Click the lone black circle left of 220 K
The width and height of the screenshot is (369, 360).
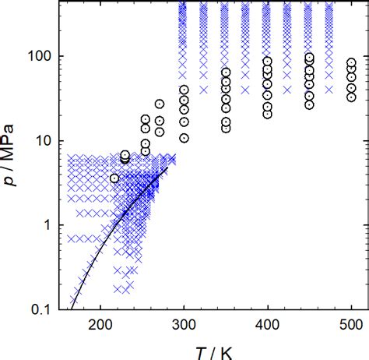pos(115,178)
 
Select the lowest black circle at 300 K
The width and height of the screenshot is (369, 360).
pos(184,138)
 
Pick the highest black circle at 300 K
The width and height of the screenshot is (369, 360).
pos(184,90)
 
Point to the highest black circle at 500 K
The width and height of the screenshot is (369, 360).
pos(351,62)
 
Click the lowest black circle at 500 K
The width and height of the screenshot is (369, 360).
pos(351,97)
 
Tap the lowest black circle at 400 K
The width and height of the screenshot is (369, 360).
pos(268,114)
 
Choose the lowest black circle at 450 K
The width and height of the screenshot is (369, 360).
pos(309,104)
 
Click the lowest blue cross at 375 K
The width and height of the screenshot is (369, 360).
pos(289,90)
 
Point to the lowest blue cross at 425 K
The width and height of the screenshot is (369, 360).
pos(330,90)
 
